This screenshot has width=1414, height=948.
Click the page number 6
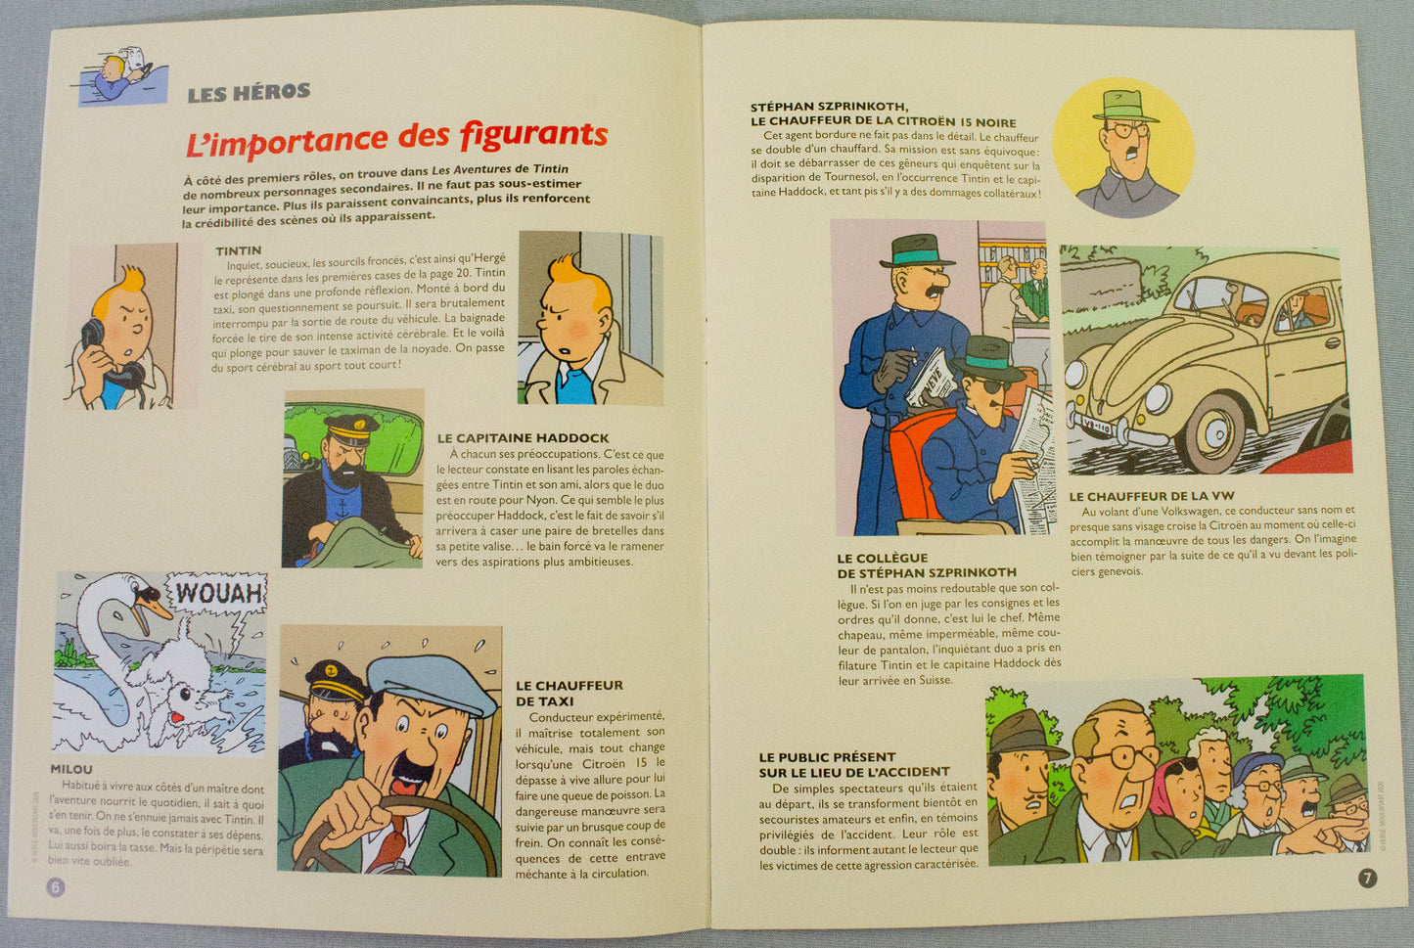pyautogui.click(x=55, y=886)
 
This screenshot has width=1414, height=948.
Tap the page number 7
pyautogui.click(x=1367, y=878)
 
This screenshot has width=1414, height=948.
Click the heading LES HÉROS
pyautogui.click(x=249, y=93)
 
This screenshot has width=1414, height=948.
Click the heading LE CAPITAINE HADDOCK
pyautogui.click(x=523, y=438)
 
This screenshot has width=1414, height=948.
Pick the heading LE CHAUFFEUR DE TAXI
pyautogui.click(x=569, y=693)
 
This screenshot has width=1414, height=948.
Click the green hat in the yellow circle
pyautogui.click(x=1124, y=105)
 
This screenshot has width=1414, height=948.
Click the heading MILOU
pyautogui.click(x=71, y=769)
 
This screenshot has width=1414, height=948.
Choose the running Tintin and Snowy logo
pyautogui.click(x=122, y=74)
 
